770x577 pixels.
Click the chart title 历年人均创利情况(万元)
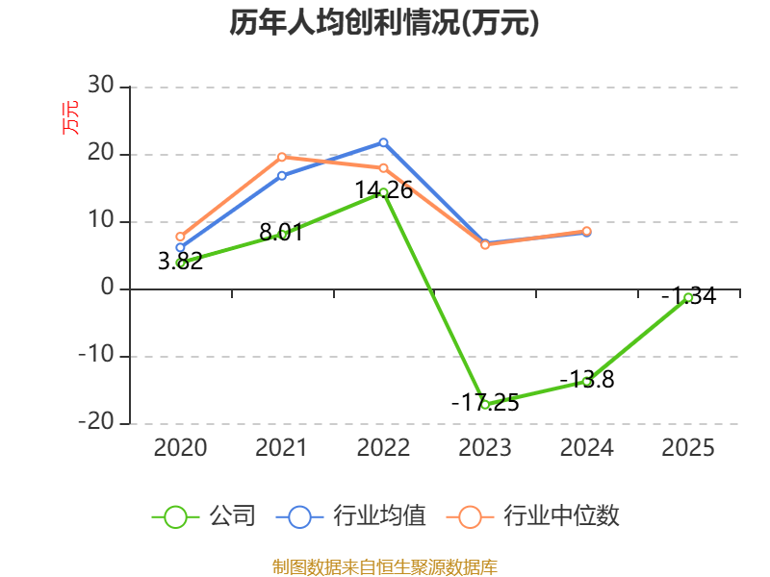point(384,23)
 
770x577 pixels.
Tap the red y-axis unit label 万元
point(70,117)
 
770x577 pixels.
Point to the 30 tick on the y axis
point(101,86)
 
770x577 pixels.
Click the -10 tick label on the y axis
point(96,355)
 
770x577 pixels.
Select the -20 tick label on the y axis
point(96,422)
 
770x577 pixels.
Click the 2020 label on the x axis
point(180,448)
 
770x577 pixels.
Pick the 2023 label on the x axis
point(485,448)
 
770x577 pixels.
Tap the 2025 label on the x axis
point(688,448)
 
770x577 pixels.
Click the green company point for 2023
point(485,405)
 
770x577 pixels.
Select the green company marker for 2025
point(688,298)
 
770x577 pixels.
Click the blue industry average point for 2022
point(383,142)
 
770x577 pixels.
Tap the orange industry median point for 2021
point(282,157)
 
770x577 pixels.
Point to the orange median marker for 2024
point(587,231)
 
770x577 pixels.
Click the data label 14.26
point(383,190)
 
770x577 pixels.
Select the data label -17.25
point(485,403)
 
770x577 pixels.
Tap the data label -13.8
point(587,380)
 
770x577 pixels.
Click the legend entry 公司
point(204,516)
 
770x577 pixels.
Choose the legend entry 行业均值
point(351,516)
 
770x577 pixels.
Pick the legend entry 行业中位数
point(533,516)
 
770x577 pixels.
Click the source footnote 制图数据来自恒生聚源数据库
point(385,567)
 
